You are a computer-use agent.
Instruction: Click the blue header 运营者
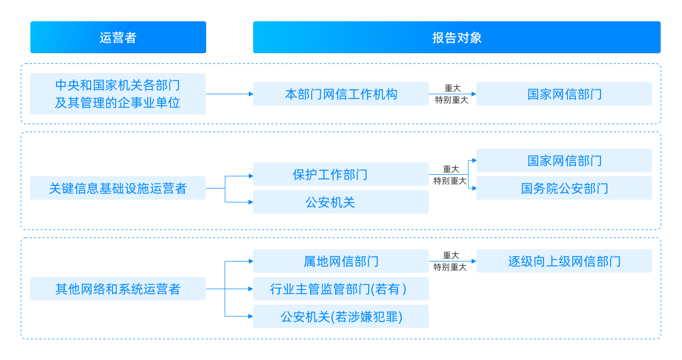pos(118,37)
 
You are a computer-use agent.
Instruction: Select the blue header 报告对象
pos(457,37)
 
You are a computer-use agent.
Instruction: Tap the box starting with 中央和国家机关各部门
pos(118,94)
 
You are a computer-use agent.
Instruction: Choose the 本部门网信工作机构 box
pos(341,94)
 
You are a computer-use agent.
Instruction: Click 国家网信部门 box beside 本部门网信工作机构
pos(564,94)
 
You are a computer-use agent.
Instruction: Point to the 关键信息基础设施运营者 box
pos(118,189)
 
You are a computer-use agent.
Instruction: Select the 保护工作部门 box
pos(341,175)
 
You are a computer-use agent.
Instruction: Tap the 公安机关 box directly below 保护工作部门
pos(341,202)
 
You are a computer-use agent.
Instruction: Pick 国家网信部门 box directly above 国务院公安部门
pos(564,161)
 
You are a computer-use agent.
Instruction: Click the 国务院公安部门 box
pos(564,189)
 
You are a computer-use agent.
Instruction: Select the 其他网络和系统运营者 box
pos(118,289)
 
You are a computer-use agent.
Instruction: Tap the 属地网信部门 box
pos(341,261)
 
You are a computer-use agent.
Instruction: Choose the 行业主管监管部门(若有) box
pos(341,289)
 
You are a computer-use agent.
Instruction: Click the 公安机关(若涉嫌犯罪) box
pos(341,317)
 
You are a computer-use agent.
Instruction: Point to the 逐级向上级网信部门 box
pos(564,261)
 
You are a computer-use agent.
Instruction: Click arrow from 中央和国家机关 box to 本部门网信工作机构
pos(229,94)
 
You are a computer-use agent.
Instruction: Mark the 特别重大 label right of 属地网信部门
pos(450,267)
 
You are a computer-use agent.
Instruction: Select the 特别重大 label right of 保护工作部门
pos(450,181)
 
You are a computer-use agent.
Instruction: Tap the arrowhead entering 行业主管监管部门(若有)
pos(250,289)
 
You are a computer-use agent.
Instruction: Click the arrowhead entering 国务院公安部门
pos(474,189)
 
